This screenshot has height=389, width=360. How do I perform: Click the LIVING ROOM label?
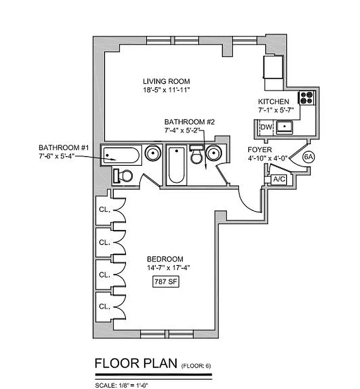[166, 81]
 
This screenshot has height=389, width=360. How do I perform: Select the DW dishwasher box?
[266, 127]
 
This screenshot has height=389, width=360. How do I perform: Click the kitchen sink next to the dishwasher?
[285, 127]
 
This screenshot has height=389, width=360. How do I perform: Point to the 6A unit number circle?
[308, 157]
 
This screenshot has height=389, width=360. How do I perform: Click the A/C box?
[279, 179]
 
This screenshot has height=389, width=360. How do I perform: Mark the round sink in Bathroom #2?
[214, 154]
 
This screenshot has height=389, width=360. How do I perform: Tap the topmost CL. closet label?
[104, 211]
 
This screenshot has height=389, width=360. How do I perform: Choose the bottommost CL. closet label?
[104, 306]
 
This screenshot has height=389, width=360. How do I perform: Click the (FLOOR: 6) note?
[197, 365]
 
